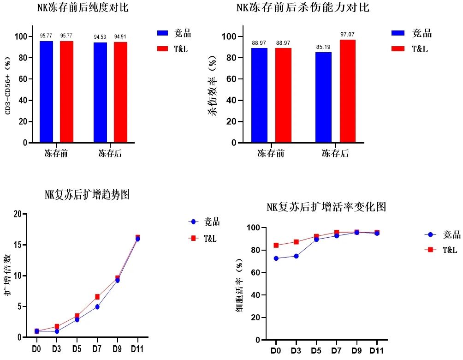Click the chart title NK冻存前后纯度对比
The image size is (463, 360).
[83, 8]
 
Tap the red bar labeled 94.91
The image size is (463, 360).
[120, 92]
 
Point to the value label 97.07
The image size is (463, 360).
[348, 35]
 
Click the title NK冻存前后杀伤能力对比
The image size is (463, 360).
[303, 8]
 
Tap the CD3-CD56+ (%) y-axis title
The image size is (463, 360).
[8, 86]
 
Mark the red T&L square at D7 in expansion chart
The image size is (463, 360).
[97, 297]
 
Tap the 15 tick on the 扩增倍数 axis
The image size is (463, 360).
[18, 245]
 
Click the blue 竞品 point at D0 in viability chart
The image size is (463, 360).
[276, 258]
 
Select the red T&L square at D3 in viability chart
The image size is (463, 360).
[296, 242]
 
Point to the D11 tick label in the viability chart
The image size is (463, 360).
[376, 350]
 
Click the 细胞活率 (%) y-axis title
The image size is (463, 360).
[239, 286]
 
